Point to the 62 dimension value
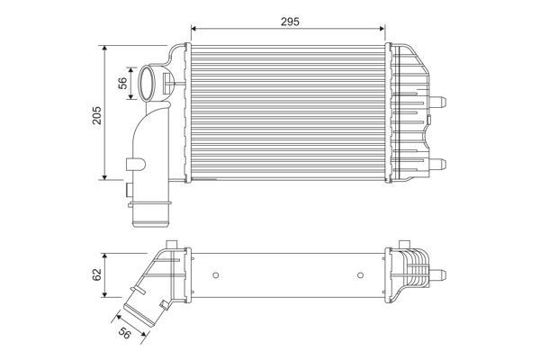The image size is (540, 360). [96, 275]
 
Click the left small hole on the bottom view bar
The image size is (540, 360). [217, 274]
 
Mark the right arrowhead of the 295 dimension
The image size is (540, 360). [384, 29]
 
